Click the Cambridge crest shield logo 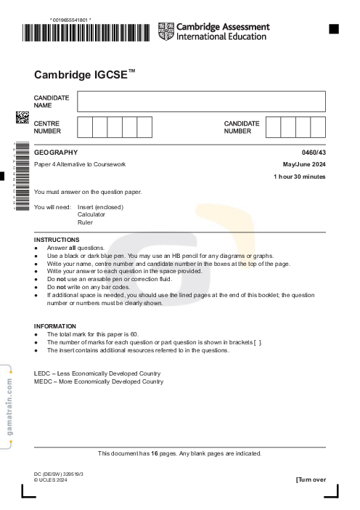point(166,31)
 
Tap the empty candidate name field point(201,101)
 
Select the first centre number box point(84,127)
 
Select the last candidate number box point(318,127)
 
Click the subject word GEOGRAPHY point(55,153)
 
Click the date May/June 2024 point(304,164)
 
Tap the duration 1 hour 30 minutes point(299,177)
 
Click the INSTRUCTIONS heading point(57,240)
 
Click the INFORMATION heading point(55,326)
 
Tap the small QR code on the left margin point(22,118)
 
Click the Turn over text point(311,479)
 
